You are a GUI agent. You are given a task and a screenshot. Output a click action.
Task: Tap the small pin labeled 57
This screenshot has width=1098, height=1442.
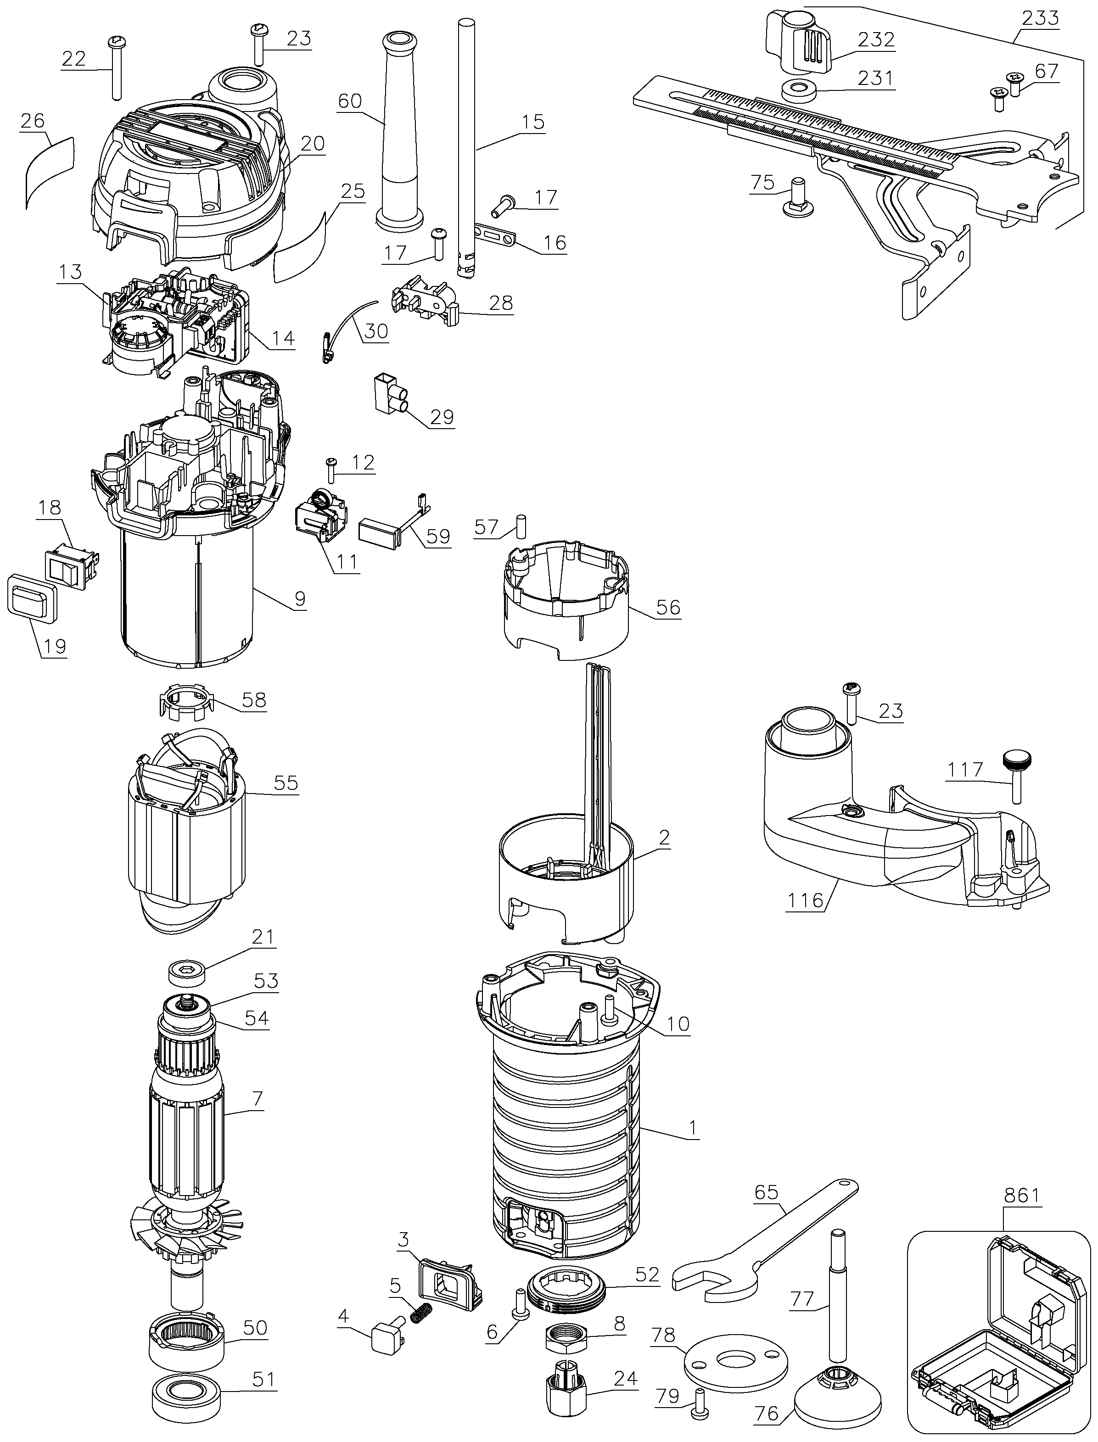(521, 526)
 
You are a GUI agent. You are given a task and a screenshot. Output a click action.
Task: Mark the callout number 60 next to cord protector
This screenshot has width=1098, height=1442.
(350, 101)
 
